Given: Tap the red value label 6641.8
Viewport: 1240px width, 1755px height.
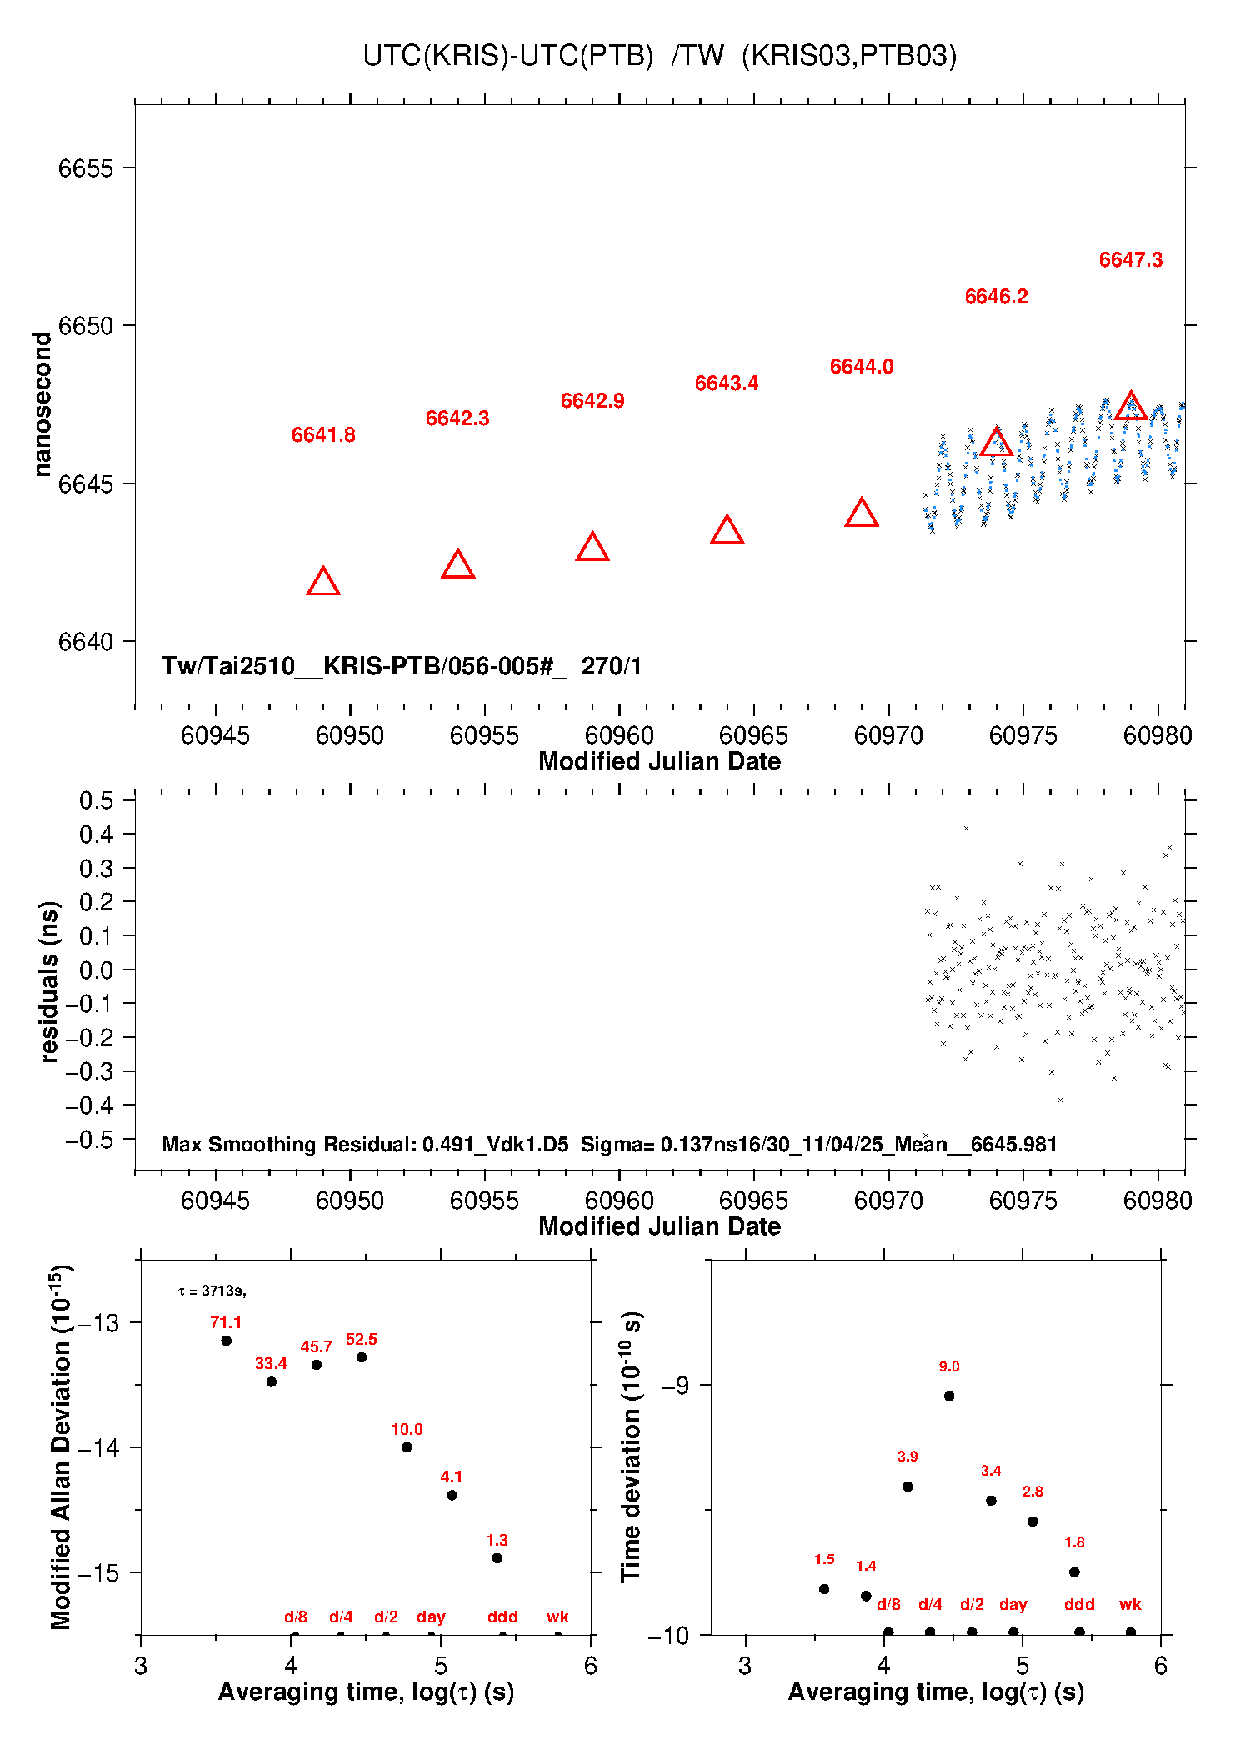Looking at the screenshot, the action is click(323, 435).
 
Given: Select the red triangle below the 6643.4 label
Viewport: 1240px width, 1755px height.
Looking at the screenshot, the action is click(727, 529).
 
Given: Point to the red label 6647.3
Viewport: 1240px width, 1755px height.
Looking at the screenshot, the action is click(1130, 260).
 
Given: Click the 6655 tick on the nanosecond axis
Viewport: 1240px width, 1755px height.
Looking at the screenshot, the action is click(85, 168).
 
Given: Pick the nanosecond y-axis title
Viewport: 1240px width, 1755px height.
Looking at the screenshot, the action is click(42, 404).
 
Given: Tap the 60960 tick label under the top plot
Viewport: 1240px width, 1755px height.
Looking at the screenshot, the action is click(619, 735).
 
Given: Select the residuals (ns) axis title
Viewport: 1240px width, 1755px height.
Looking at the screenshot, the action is click(50, 981).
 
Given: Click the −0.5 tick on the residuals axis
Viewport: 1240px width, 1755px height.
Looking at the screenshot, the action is click(90, 1140).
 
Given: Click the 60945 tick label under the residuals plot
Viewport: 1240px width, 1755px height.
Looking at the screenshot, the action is click(215, 1201).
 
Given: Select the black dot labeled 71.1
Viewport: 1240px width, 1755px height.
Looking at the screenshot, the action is click(226, 1341).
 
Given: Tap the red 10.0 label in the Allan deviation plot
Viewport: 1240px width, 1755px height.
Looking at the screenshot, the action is click(407, 1429).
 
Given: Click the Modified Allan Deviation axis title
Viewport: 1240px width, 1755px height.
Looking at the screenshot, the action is click(62, 1447).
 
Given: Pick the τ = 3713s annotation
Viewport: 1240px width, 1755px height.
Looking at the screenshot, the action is click(212, 1291).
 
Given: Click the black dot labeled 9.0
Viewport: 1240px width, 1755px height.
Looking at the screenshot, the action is click(949, 1396).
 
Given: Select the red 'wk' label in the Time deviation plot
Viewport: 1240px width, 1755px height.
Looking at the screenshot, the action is click(1130, 1604).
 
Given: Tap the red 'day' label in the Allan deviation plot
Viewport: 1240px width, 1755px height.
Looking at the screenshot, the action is click(431, 1617).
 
